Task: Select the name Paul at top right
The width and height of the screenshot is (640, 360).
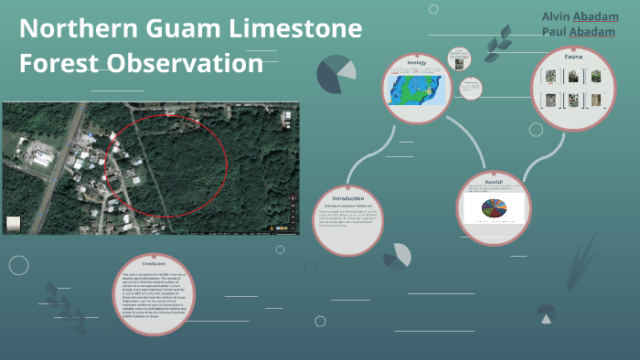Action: click(552, 32)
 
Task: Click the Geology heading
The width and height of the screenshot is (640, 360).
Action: click(418, 62)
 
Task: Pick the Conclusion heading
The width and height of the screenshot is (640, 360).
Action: click(153, 264)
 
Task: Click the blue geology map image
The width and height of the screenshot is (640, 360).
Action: click(417, 89)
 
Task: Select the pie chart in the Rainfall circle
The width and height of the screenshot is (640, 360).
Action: click(494, 209)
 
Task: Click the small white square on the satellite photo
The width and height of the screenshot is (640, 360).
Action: click(14, 222)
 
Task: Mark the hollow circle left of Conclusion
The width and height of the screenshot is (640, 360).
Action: click(18, 265)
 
